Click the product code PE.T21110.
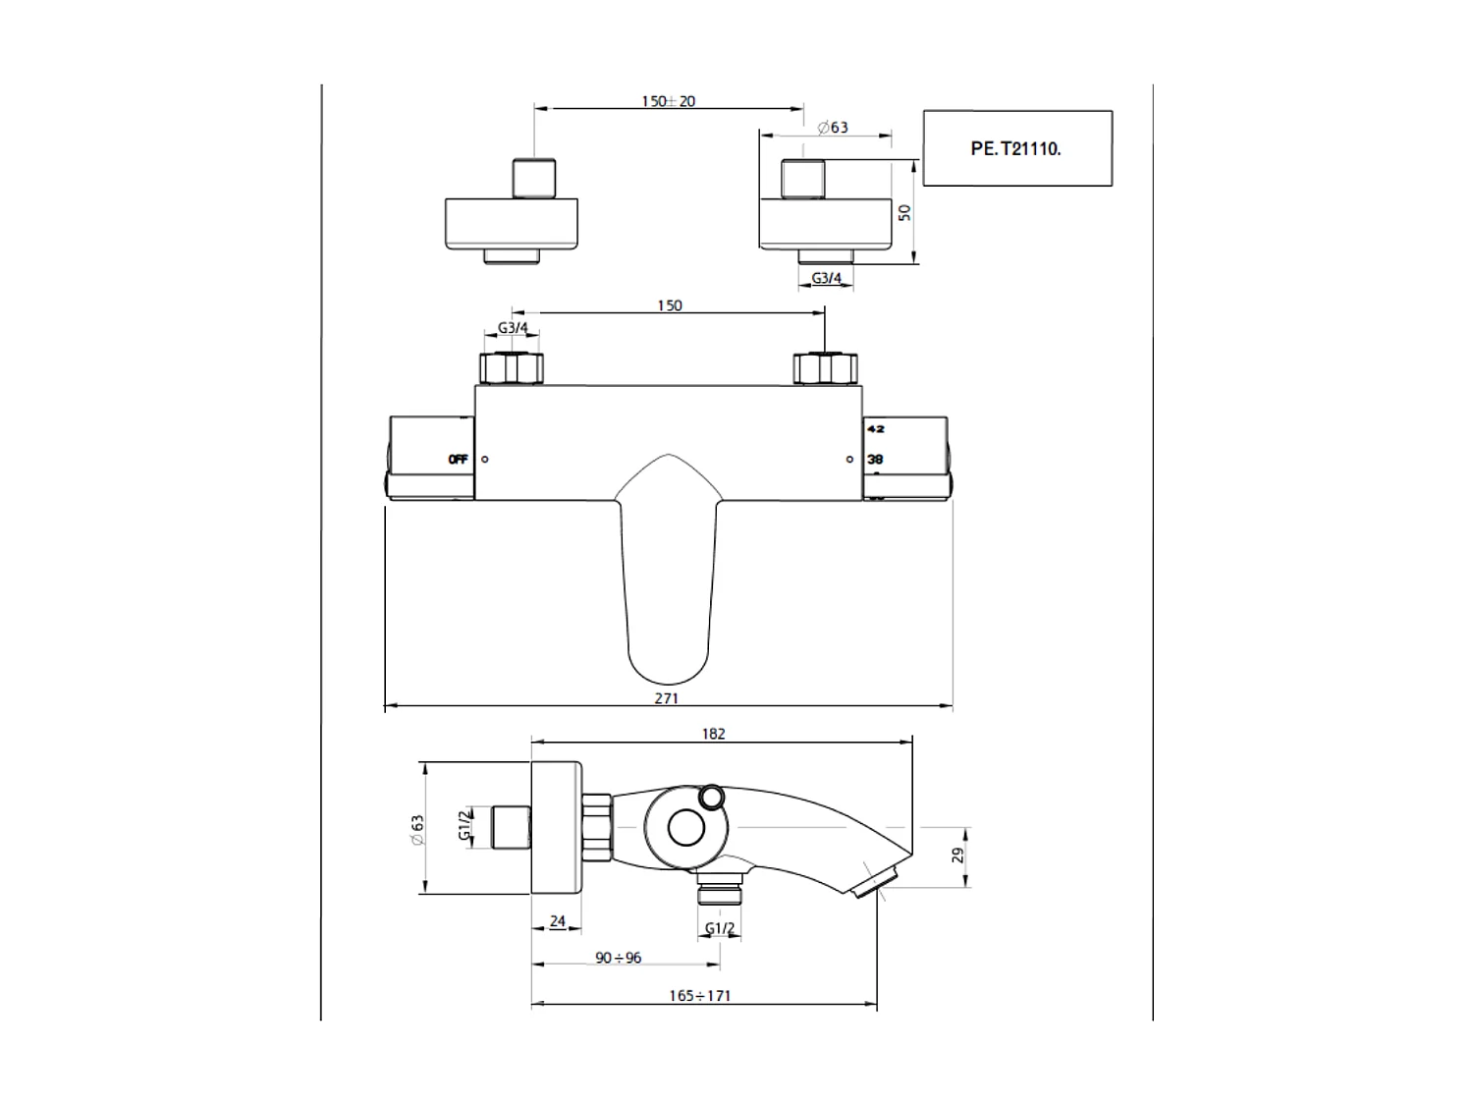click(1015, 149)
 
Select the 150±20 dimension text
click(668, 101)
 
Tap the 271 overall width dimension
click(666, 698)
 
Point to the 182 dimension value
click(714, 734)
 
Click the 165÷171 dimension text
click(699, 995)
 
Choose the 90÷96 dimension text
click(618, 958)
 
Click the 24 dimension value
click(557, 921)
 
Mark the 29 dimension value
click(958, 856)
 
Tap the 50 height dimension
click(905, 211)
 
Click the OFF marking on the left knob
click(458, 459)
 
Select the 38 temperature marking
click(875, 459)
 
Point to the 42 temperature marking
click(875, 429)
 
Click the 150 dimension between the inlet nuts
click(669, 305)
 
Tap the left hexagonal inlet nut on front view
click(511, 368)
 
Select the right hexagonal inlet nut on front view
click(824, 368)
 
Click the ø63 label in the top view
click(833, 128)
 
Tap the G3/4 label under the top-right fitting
click(826, 278)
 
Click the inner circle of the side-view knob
click(686, 828)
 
